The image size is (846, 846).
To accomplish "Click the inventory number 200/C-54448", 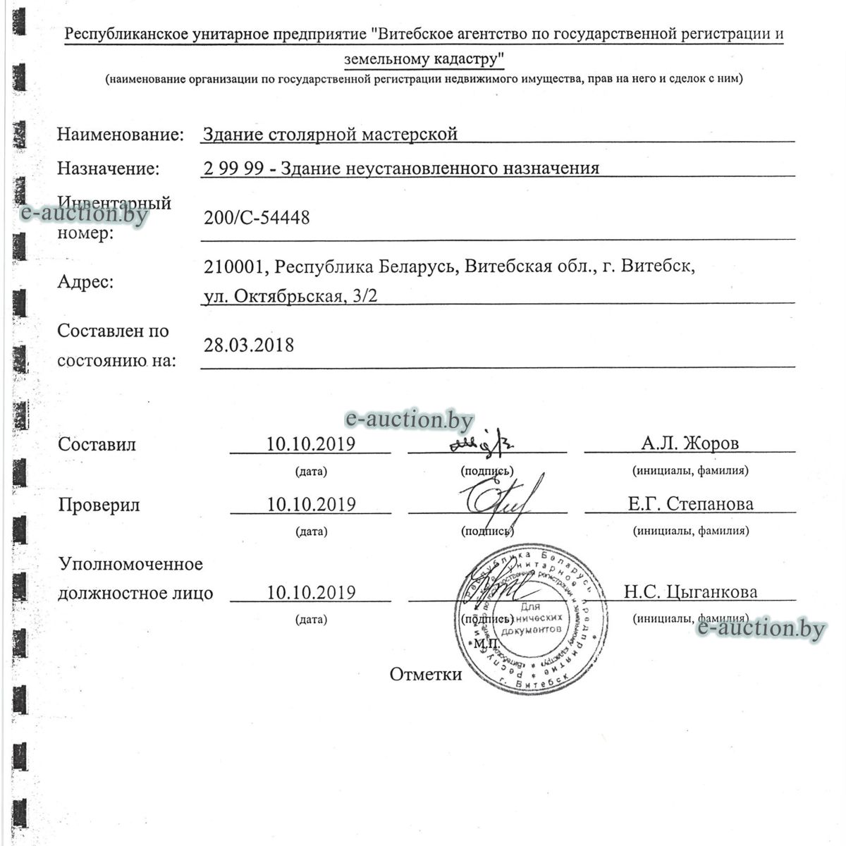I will tap(256, 219).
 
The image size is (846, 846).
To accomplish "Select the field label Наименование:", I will tap(121, 134).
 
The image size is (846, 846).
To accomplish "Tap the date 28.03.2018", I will tap(249, 345).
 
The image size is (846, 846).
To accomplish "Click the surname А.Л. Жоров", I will tap(689, 443).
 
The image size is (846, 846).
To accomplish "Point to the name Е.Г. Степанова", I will tap(690, 504).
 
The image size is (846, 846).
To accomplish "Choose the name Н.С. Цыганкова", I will tap(690, 592).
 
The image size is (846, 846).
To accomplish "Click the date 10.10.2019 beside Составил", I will tap(310, 444).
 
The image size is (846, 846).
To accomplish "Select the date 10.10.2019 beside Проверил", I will tap(310, 505).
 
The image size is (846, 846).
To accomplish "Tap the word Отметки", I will tap(426, 675).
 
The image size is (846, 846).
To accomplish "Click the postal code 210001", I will tap(235, 268).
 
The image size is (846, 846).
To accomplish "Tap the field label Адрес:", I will tap(85, 283).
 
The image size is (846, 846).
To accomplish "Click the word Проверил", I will tap(99, 505).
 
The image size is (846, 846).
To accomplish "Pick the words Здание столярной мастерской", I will tap(330, 134).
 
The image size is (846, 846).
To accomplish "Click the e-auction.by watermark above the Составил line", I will tap(409, 420).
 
